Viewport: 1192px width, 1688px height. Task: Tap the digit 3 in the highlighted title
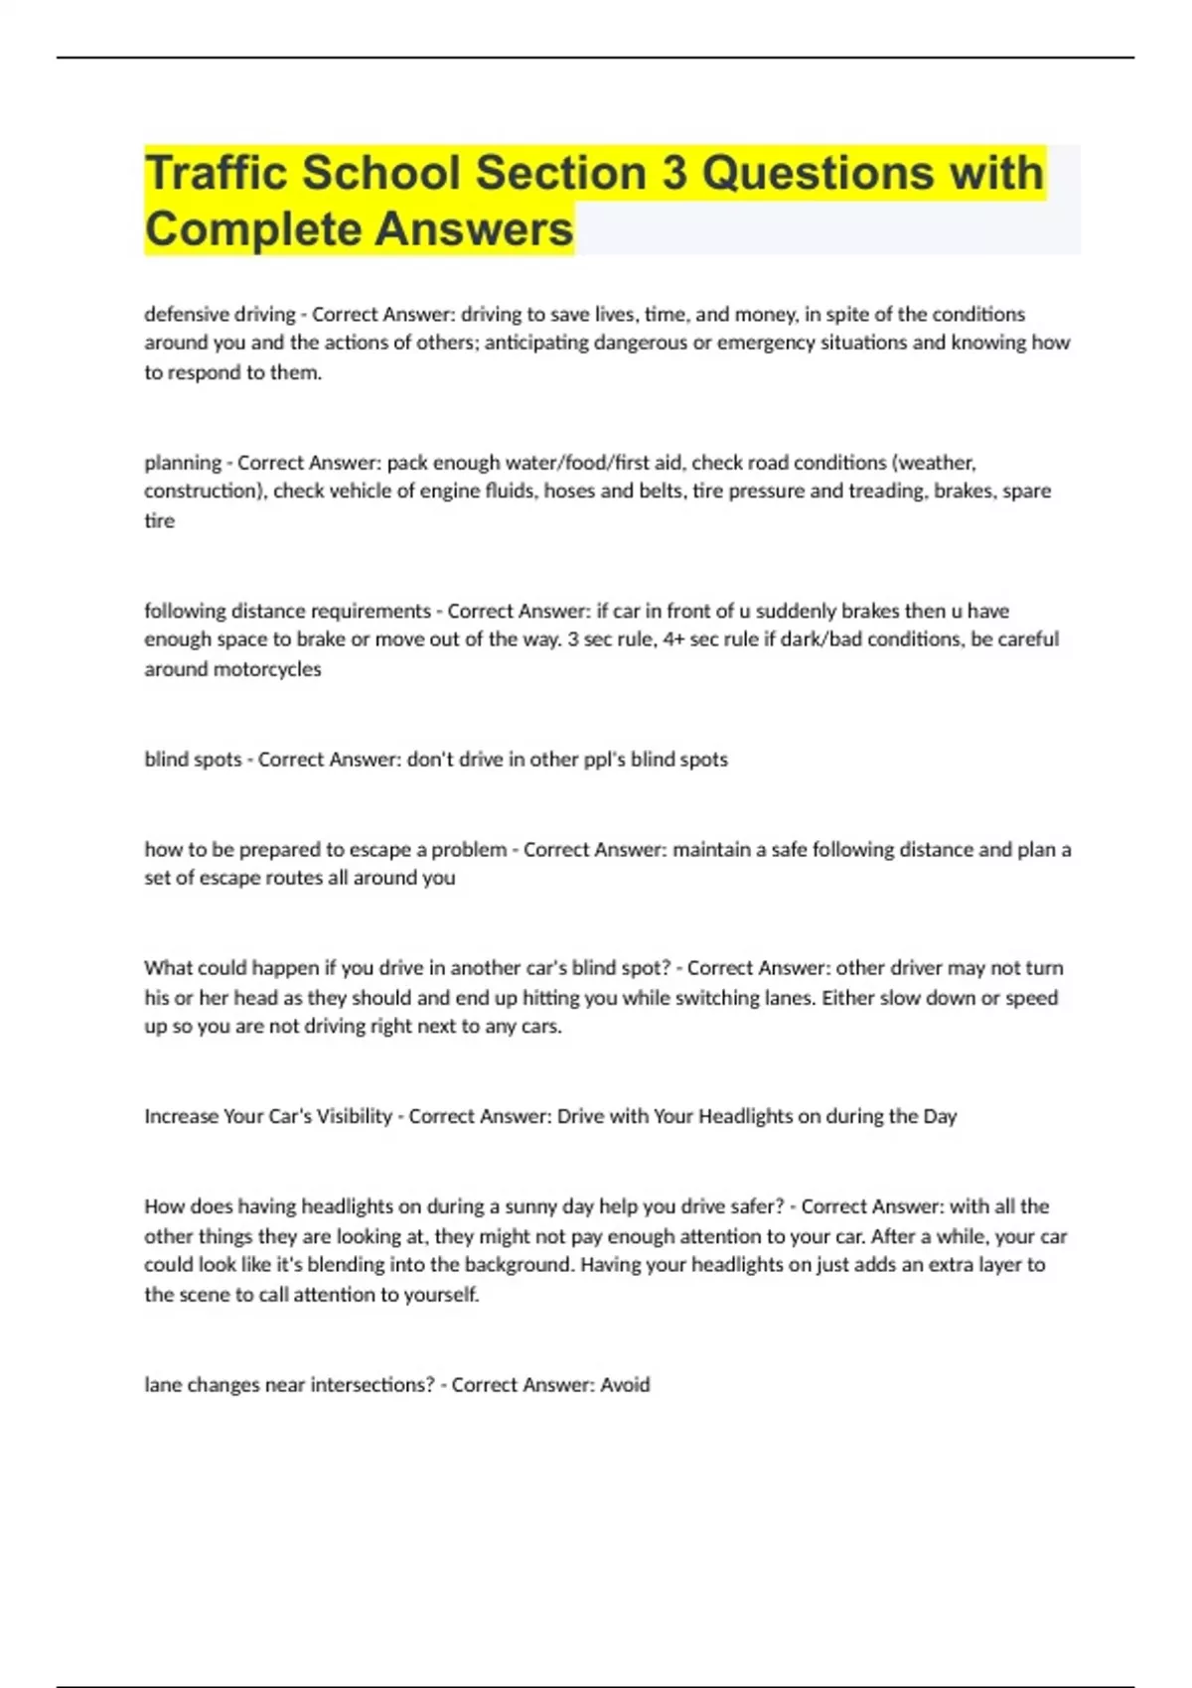tap(674, 173)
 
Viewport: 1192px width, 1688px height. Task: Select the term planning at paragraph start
tap(183, 463)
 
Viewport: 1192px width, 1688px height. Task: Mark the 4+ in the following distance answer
tap(673, 639)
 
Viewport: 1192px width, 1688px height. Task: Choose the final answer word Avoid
tap(625, 1385)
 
